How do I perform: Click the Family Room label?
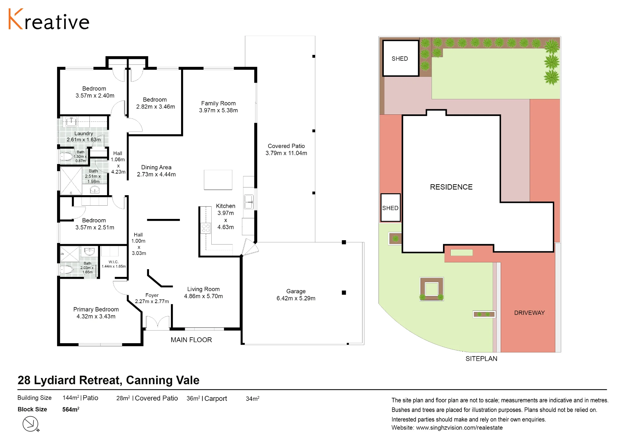(x=218, y=103)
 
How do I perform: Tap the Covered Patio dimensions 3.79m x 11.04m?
(x=286, y=153)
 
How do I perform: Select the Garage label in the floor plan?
(x=296, y=291)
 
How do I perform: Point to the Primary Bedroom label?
(x=96, y=309)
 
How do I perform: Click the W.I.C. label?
(x=114, y=262)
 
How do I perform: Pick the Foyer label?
(x=152, y=295)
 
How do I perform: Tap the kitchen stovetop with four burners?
(x=205, y=228)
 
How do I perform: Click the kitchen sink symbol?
(x=249, y=202)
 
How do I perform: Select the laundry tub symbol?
(x=71, y=122)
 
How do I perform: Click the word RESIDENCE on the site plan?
(x=451, y=187)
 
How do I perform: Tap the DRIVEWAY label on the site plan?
(x=529, y=313)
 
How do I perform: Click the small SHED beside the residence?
(x=391, y=208)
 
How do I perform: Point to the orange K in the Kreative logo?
(x=16, y=19)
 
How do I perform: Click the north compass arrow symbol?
(x=31, y=424)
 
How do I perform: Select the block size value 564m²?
(x=71, y=409)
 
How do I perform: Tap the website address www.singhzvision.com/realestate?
(x=459, y=428)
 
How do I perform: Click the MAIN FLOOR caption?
(x=191, y=340)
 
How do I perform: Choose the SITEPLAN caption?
(x=481, y=359)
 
